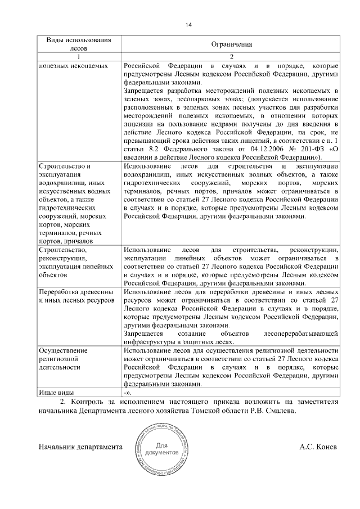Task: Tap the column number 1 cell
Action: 79,57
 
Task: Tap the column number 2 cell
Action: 231,57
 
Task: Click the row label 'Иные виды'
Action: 56,392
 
